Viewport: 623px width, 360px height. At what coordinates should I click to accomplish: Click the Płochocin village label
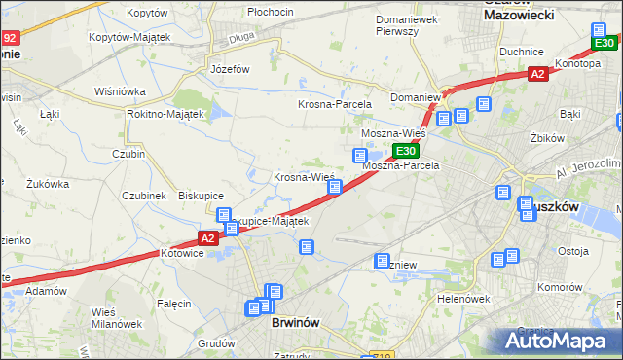coord(271,12)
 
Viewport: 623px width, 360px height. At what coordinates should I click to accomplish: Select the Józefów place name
coord(231,69)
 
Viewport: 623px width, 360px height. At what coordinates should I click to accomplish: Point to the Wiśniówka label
coord(120,91)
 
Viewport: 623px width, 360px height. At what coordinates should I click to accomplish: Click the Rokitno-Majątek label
coord(165,114)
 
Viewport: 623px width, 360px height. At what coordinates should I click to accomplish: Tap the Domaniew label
coord(416,98)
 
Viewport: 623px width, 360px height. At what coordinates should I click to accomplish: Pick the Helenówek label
coord(462,299)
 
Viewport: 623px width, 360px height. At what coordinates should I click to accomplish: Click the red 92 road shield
coord(10,39)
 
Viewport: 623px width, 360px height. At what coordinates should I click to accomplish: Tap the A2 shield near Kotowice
coord(206,237)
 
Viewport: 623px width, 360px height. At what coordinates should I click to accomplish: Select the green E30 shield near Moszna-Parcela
coord(407,151)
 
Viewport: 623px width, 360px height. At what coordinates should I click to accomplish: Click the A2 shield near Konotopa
coord(537,73)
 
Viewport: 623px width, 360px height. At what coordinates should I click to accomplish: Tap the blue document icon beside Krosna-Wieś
coord(334,186)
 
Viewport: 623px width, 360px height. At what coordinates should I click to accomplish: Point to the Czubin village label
coord(128,153)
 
